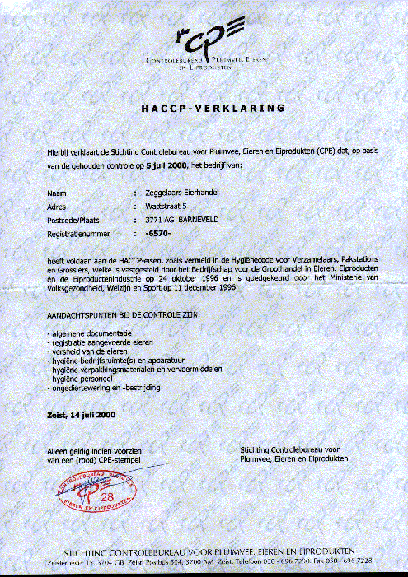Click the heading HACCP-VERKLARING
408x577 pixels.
coord(213,108)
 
